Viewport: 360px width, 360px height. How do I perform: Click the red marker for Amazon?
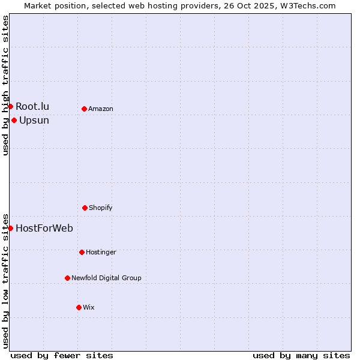click(84, 109)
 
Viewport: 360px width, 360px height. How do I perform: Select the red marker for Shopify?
click(85, 208)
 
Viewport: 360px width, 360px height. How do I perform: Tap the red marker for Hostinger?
click(82, 252)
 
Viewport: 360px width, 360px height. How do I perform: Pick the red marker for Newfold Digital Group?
click(67, 278)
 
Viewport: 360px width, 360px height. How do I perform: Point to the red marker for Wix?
click(79, 307)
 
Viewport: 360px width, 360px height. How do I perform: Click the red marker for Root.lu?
click(10, 106)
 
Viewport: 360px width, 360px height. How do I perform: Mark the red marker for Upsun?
click(14, 120)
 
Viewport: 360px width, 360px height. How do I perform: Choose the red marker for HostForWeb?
click(10, 228)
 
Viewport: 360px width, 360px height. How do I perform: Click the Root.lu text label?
click(32, 107)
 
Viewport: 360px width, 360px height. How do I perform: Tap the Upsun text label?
click(34, 121)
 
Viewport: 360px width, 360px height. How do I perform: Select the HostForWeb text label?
click(44, 228)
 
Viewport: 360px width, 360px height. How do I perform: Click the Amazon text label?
click(101, 109)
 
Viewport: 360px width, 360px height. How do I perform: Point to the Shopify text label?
click(101, 208)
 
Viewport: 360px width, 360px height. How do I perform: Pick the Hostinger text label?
click(101, 252)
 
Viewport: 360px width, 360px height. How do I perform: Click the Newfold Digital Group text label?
click(106, 278)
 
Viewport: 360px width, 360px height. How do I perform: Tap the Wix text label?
click(89, 307)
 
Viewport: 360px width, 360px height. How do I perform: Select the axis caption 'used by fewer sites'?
click(62, 355)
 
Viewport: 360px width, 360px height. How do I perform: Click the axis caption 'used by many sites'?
click(301, 355)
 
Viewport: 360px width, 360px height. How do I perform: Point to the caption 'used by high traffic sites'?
click(5, 85)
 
